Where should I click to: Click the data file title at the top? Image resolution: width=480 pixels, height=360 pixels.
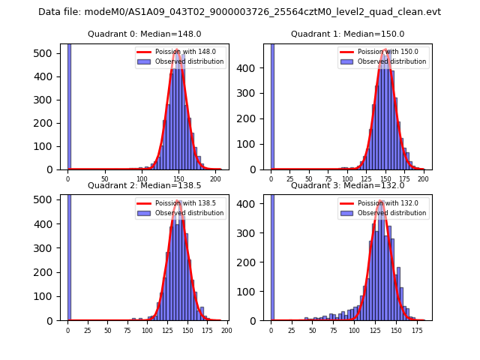(x=240, y=12)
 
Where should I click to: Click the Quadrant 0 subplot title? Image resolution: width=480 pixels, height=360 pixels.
(x=145, y=34)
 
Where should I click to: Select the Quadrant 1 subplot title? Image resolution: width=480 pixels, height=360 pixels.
(x=347, y=34)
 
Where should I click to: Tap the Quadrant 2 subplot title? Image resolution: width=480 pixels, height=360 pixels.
(x=145, y=185)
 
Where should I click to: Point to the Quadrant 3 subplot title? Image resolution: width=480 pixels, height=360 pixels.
(x=347, y=185)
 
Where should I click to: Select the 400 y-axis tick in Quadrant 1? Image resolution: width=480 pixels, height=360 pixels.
(x=255, y=67)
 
